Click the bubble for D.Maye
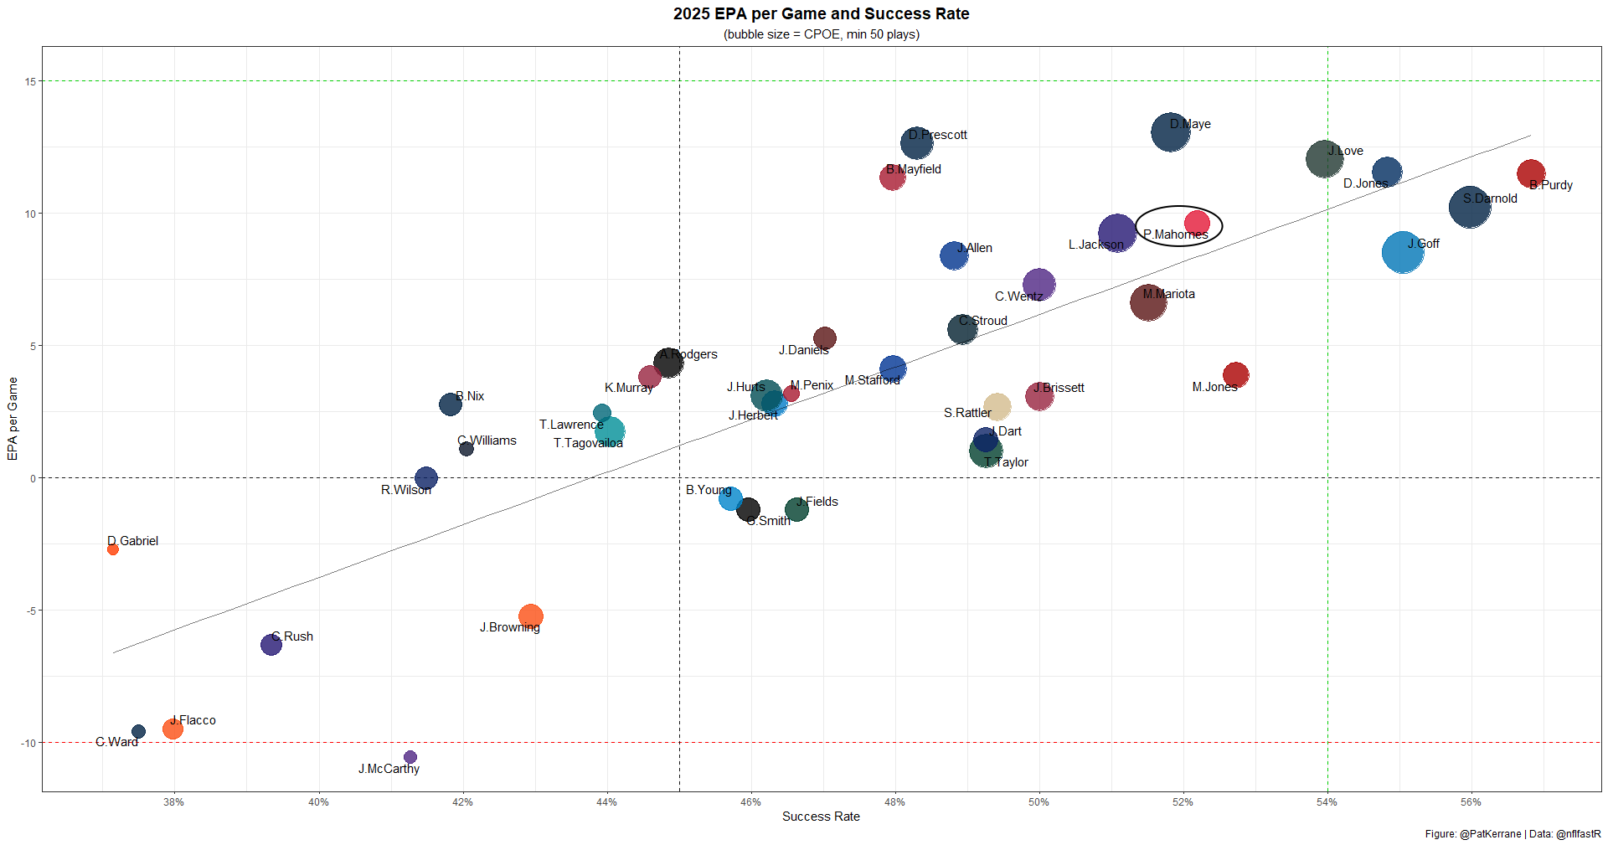coord(1170,132)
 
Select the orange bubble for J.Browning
coord(530,616)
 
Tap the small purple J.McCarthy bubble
coord(410,757)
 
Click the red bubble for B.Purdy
coord(1531,173)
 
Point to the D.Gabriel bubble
coord(113,549)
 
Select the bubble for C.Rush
coord(271,644)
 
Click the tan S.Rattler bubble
coord(997,407)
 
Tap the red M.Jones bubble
coord(1235,375)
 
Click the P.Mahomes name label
coord(1175,234)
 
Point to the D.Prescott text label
coord(938,135)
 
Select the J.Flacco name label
coord(193,720)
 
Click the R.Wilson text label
coord(406,490)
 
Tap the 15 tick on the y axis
coord(30,81)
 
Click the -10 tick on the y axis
coord(28,743)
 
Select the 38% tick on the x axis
coord(174,802)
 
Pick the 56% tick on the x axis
coord(1471,802)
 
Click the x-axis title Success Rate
coord(821,817)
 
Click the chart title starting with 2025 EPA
coord(821,14)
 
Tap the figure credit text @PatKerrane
coord(1490,834)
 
